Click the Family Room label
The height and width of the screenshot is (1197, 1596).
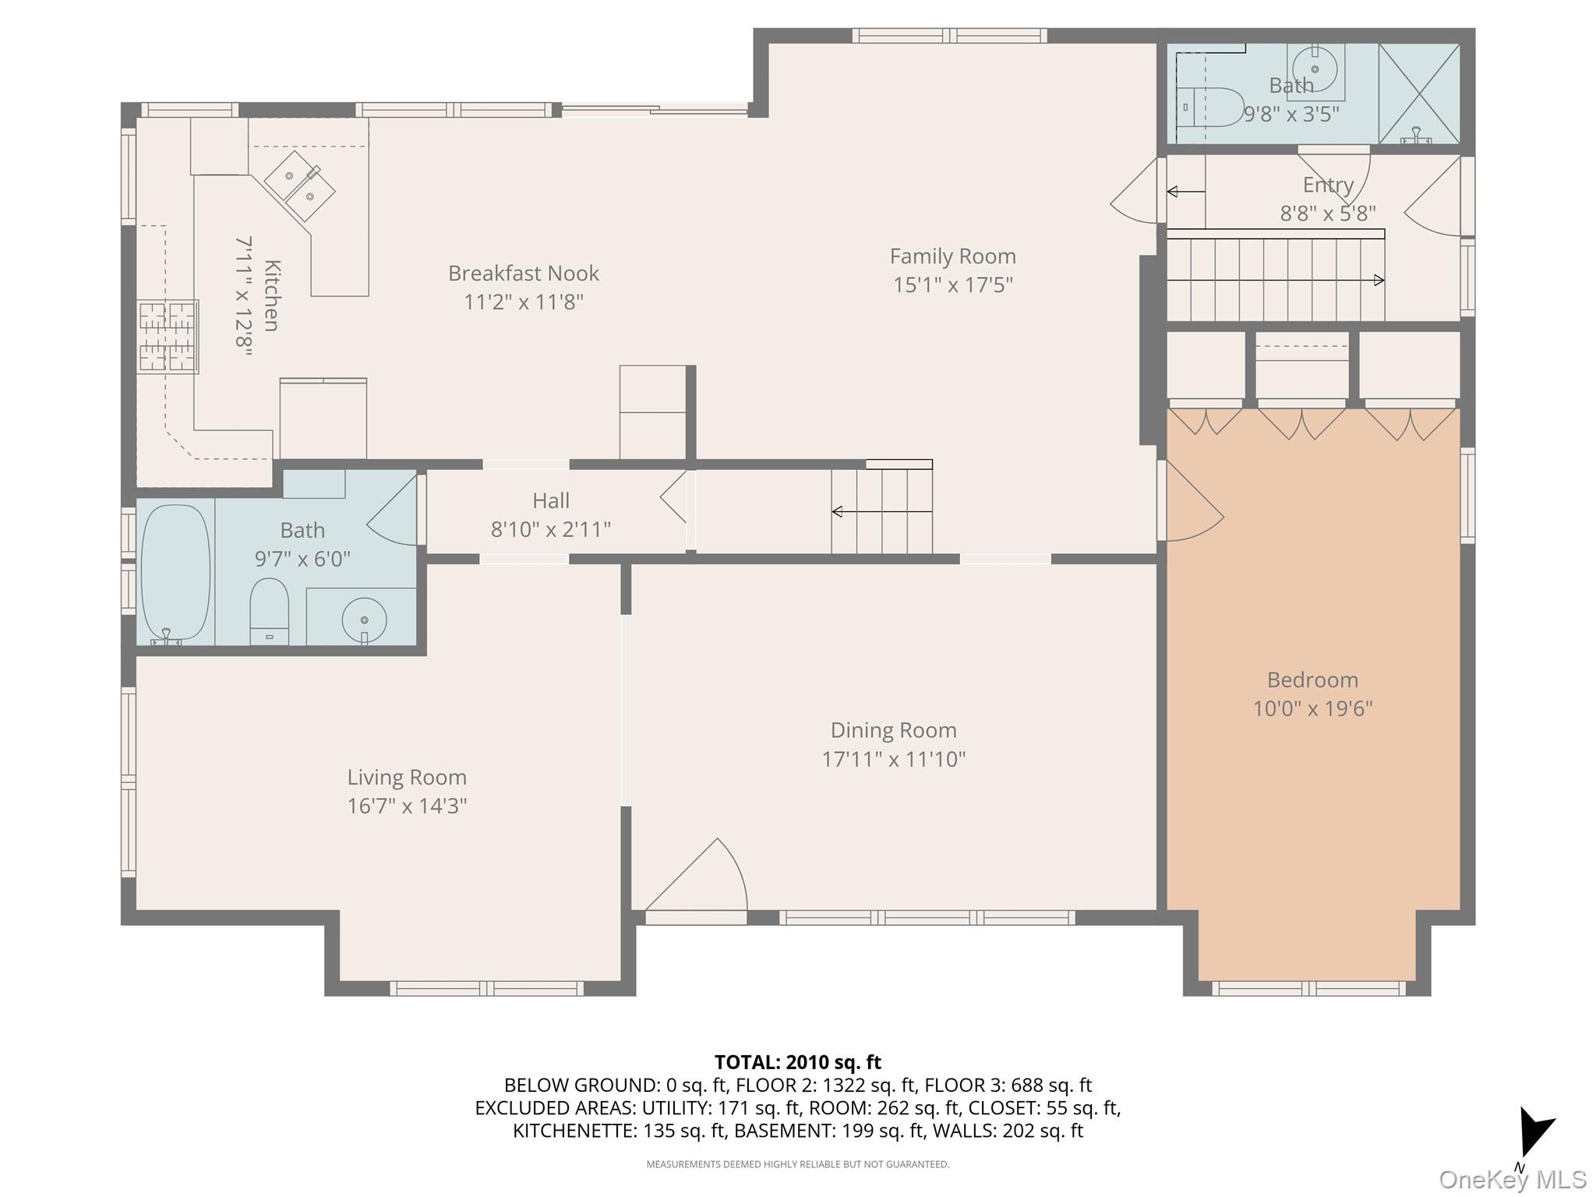[x=952, y=256]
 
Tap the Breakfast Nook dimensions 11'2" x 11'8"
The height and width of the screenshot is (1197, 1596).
[x=524, y=302]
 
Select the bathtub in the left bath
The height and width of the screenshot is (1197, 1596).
[x=175, y=573]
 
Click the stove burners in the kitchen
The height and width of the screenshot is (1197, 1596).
[x=168, y=336]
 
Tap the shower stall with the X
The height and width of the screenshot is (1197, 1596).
[x=1419, y=94]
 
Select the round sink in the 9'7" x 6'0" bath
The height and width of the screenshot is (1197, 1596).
[x=364, y=620]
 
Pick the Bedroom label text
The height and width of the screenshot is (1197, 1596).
[x=1312, y=680]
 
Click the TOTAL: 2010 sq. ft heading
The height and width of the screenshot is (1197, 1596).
[x=797, y=1062]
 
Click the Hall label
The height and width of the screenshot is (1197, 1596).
[x=550, y=500]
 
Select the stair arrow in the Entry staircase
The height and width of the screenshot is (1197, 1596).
[x=1275, y=280]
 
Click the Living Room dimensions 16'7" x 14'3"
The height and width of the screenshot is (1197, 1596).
[x=407, y=806]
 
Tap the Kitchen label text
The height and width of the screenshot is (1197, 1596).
[x=271, y=296]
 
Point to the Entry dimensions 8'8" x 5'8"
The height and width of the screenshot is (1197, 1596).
[x=1327, y=214]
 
